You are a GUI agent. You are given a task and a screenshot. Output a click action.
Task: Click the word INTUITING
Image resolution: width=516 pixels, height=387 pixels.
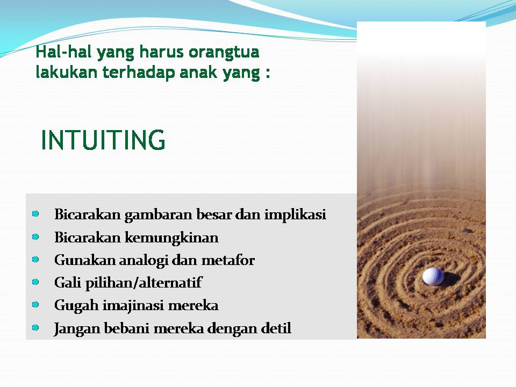tap(103, 140)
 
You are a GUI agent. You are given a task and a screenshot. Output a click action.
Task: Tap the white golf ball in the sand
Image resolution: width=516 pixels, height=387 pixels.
tap(433, 276)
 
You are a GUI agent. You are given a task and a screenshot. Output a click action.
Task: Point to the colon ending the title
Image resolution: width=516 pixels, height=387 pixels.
tap(267, 74)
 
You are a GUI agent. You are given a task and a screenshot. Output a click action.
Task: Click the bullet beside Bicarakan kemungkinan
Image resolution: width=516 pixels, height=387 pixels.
tap(35, 236)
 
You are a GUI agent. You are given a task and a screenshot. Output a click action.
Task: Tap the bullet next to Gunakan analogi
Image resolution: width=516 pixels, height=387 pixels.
tap(35, 259)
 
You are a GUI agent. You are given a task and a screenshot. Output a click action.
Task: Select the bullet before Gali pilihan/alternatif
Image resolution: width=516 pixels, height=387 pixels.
tap(35, 282)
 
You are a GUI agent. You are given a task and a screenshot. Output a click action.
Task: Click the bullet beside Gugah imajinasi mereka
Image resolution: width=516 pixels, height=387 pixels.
tap(35, 304)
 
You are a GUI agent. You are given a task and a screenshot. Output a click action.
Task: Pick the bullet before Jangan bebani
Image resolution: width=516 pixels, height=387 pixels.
tap(35, 327)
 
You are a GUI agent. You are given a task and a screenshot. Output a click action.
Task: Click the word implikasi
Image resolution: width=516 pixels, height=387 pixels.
tap(295, 215)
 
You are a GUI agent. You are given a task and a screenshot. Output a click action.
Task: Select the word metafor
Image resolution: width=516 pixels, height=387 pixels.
tap(228, 260)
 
